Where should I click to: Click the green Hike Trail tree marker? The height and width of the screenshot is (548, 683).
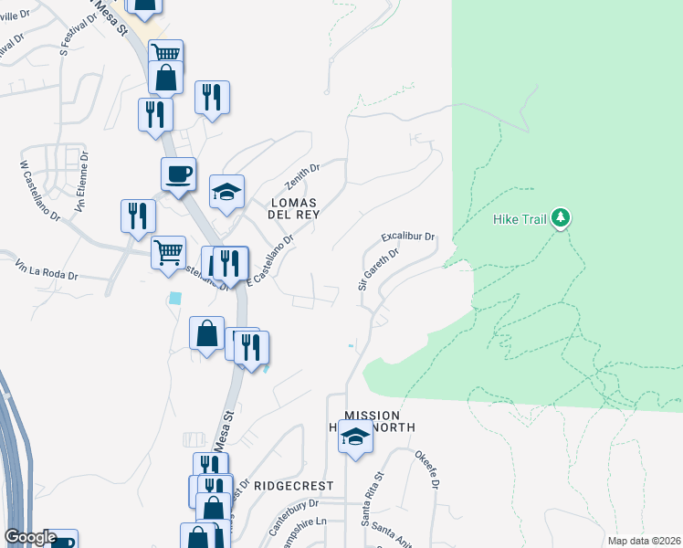click(561, 217)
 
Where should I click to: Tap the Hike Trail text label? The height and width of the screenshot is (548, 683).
click(519, 219)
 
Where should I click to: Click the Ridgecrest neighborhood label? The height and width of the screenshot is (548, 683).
click(293, 486)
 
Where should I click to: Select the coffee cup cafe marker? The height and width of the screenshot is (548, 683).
click(178, 174)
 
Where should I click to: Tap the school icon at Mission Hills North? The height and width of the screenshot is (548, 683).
click(355, 438)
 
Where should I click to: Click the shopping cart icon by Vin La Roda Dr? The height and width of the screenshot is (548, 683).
click(168, 251)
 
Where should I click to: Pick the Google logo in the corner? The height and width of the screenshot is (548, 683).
click(30, 537)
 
